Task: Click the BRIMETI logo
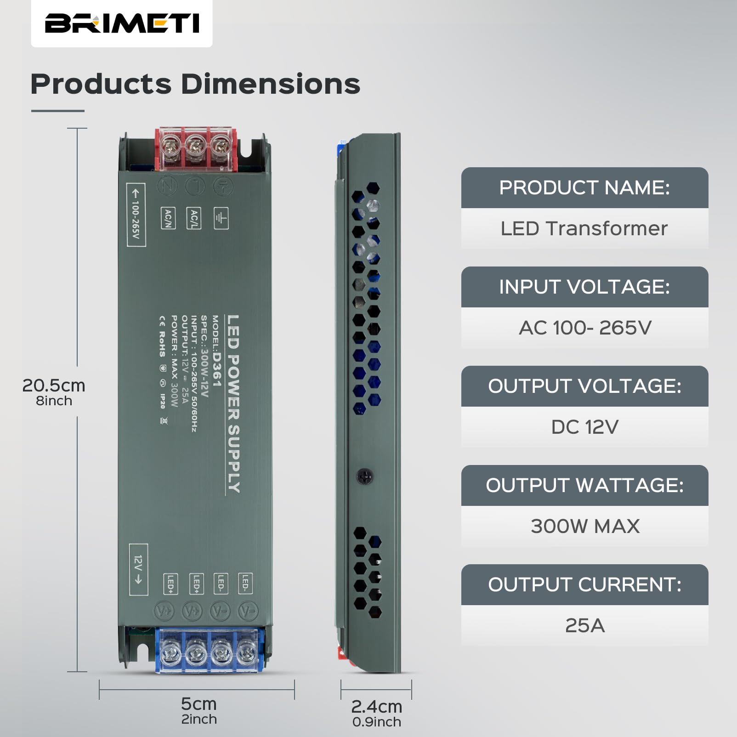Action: tap(122, 23)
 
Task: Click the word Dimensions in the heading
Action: tap(270, 84)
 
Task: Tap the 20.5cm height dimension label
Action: tap(54, 386)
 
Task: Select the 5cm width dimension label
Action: tap(198, 704)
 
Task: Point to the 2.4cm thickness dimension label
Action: tap(376, 706)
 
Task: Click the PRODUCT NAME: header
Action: tap(584, 187)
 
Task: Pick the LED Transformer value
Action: tap(584, 228)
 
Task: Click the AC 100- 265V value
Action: tap(584, 328)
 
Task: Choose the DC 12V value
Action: tap(584, 427)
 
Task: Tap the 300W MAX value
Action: tap(584, 526)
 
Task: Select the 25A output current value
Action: tap(584, 625)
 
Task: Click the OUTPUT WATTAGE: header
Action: tap(584, 485)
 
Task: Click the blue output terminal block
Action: tap(210, 650)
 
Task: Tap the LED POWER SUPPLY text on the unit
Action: tap(233, 404)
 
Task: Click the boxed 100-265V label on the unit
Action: tap(136, 215)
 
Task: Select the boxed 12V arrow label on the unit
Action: tap(138, 569)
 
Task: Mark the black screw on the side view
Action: tap(365, 476)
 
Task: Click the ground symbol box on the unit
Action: tap(221, 218)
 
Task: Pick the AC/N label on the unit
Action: tap(168, 218)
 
